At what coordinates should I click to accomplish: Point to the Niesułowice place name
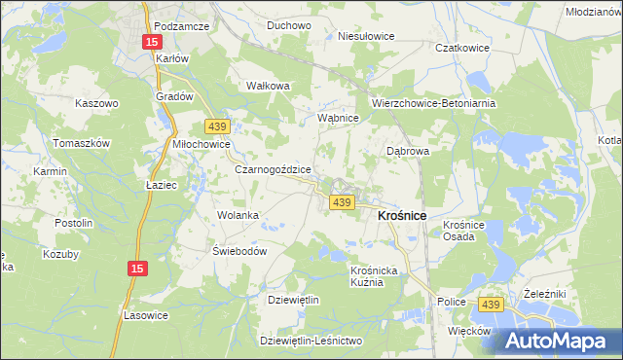point(365,36)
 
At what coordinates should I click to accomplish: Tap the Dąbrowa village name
point(408,152)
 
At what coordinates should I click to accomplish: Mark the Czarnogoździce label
point(274,168)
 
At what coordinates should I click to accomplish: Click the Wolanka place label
point(238,215)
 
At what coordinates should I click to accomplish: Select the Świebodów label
point(239,250)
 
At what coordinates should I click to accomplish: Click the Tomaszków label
point(83,142)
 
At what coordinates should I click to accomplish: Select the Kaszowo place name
point(96,102)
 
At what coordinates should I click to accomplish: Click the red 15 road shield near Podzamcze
point(152,42)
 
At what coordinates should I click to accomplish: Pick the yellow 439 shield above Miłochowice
point(217,126)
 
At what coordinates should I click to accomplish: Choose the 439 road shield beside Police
point(491,305)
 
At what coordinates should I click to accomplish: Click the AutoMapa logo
point(563,341)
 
